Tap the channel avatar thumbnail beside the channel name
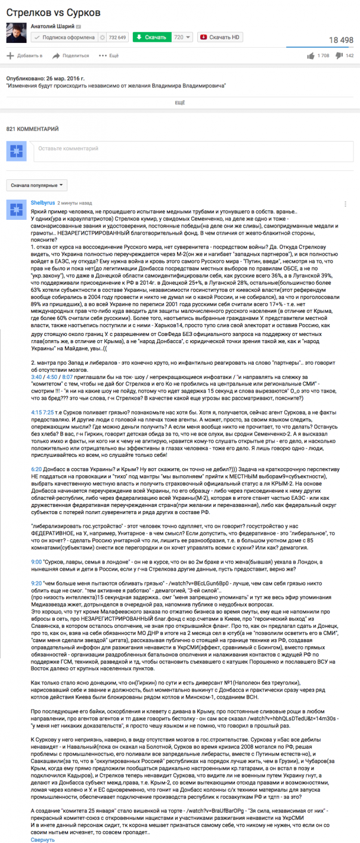(15, 33)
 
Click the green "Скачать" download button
(151, 38)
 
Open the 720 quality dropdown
(182, 38)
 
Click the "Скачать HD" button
(221, 38)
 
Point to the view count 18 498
(337, 40)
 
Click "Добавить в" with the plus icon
(24, 56)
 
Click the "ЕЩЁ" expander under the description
(179, 103)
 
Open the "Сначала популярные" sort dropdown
(37, 185)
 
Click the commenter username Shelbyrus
(42, 203)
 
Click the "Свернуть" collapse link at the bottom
(42, 839)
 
